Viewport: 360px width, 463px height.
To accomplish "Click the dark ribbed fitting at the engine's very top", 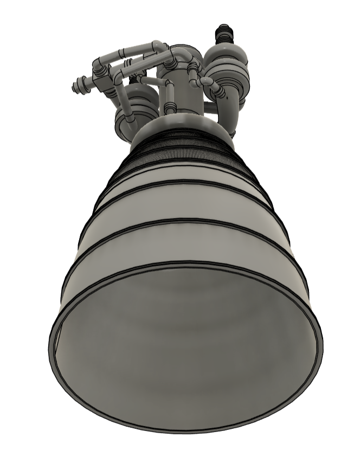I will [223, 34].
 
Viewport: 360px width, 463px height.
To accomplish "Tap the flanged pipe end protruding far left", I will [79, 85].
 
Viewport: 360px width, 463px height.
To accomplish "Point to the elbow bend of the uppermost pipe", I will [159, 47].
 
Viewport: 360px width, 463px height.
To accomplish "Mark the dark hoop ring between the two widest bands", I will [184, 224].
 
